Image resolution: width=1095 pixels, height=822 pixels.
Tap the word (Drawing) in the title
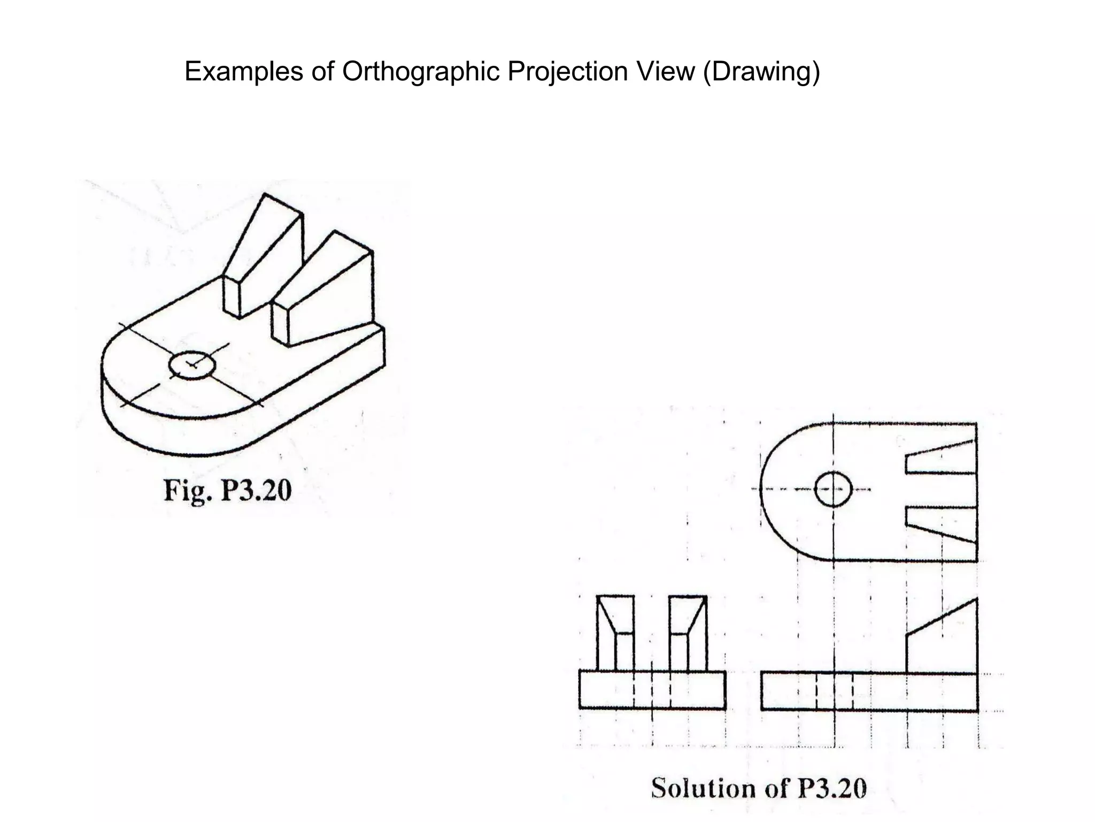[761, 71]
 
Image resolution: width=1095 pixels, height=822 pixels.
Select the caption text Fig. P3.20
[227, 490]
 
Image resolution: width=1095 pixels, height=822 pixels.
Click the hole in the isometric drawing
[192, 366]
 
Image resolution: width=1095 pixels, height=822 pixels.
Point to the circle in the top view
[833, 489]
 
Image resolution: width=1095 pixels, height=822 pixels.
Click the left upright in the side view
[615, 634]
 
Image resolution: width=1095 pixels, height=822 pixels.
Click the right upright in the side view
[688, 634]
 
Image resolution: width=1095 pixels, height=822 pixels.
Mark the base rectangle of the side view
[652, 690]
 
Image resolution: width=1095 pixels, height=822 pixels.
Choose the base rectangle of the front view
[869, 692]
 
